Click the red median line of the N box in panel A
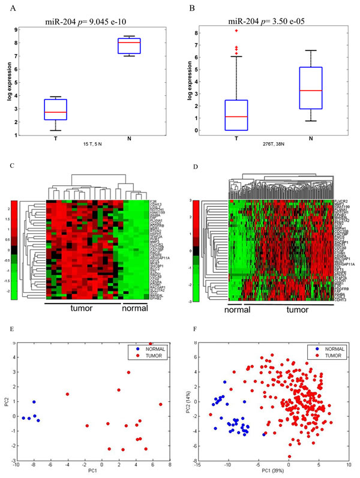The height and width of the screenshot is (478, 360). coord(146,43)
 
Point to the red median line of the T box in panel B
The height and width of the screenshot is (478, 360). coord(236,116)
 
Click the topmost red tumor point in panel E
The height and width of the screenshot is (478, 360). coord(151,343)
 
